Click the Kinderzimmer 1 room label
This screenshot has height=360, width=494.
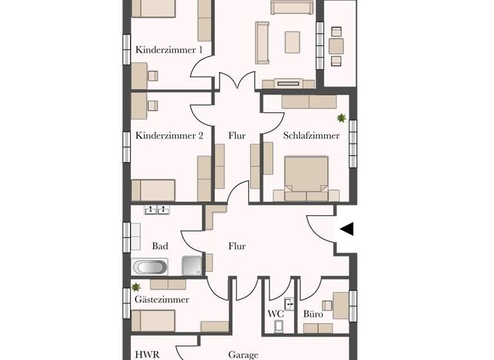click(x=169, y=50)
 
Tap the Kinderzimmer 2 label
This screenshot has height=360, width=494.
click(x=170, y=136)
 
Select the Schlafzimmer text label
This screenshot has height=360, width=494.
click(x=311, y=136)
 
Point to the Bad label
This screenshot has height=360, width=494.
click(x=160, y=246)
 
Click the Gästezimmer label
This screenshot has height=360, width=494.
click(x=162, y=300)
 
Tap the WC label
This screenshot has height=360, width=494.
click(x=276, y=314)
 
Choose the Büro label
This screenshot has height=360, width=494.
click(x=313, y=314)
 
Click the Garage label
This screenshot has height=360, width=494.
click(x=243, y=354)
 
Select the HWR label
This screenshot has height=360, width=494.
click(x=147, y=354)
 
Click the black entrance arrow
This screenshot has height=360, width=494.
click(x=347, y=229)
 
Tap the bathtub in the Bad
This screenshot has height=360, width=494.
click(x=150, y=267)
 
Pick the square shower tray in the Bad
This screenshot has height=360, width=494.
click(x=192, y=266)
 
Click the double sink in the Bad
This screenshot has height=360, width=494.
click(x=158, y=210)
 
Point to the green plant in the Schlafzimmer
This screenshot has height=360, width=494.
click(x=341, y=118)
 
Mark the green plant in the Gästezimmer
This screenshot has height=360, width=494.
click(x=136, y=287)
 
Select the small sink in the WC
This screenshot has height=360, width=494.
click(x=289, y=303)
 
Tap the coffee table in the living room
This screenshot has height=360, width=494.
click(x=293, y=42)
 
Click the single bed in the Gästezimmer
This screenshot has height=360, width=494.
click(x=154, y=319)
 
